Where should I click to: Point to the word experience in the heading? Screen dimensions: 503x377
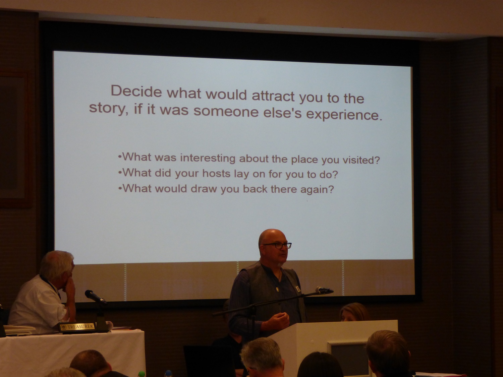(344, 115)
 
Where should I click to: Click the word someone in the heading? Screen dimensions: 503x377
(226, 112)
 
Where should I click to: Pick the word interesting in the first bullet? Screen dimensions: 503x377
(208, 158)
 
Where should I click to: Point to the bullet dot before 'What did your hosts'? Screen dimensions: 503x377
(120, 173)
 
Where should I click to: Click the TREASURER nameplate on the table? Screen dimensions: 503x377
(77, 326)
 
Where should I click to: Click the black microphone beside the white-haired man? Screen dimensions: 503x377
(95, 297)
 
